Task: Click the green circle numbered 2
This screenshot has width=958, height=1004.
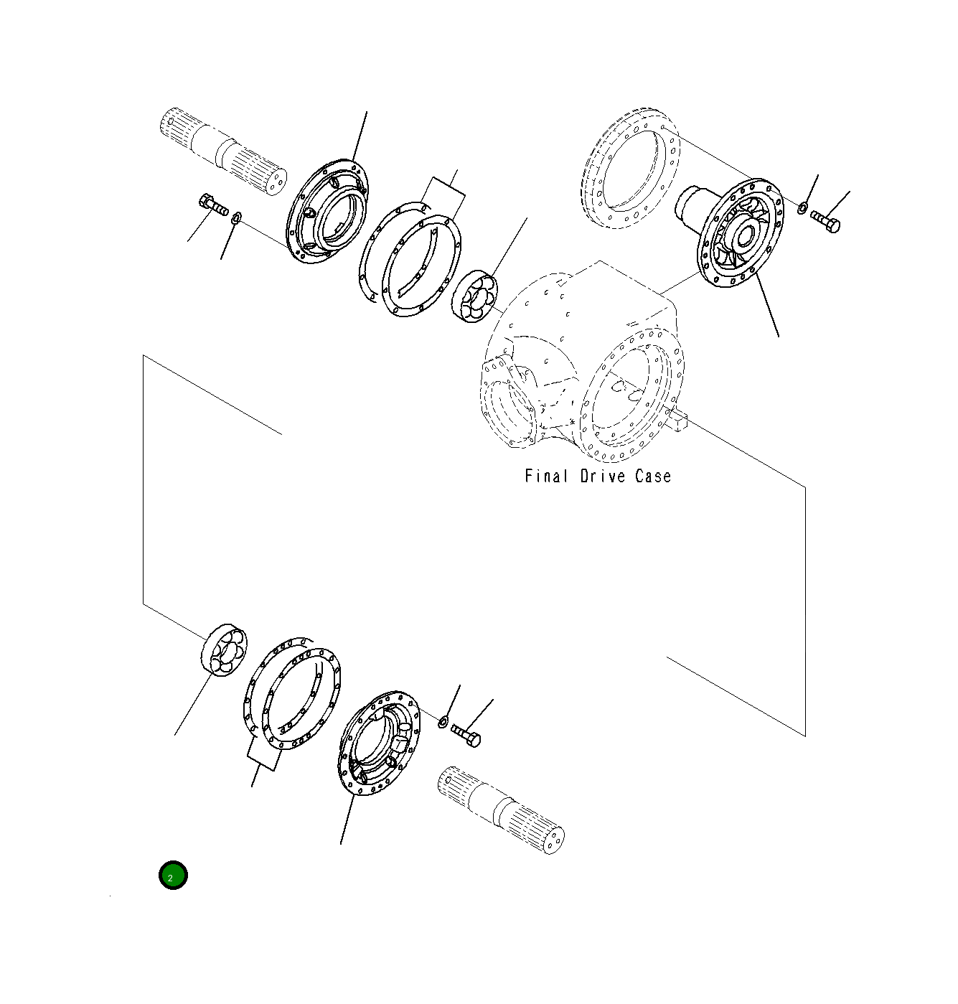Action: [x=173, y=875]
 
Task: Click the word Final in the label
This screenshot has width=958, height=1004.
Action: [x=546, y=477]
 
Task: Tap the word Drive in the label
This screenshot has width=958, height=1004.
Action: [x=603, y=477]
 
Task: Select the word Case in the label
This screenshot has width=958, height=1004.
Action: [x=653, y=477]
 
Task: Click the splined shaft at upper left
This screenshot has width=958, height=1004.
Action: [x=223, y=151]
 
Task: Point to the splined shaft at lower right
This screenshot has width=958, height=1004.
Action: [x=501, y=810]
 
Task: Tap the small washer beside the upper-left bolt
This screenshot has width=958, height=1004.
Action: [x=236, y=218]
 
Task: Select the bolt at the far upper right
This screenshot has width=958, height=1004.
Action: [x=825, y=222]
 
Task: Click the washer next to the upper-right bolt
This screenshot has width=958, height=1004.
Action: [x=802, y=208]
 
